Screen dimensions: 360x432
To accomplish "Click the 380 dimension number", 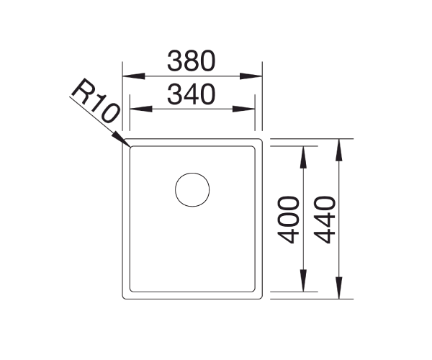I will pyautogui.click(x=192, y=61).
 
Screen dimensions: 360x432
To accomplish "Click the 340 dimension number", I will pyautogui.click(x=192, y=94).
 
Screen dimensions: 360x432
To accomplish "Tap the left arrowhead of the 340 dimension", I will pyautogui.click(x=137, y=109).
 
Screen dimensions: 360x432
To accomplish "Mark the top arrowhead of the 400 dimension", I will pyautogui.click(x=303, y=152).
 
